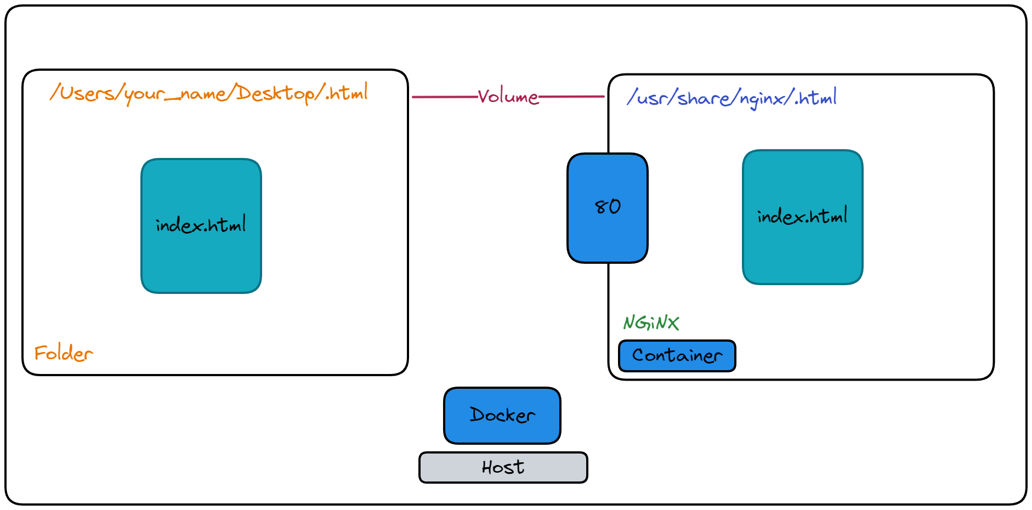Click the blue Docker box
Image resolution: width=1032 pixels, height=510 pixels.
point(502,416)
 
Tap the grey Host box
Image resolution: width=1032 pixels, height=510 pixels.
point(503,467)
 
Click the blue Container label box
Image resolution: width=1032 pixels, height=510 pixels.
point(677,356)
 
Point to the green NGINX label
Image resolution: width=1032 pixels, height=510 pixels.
point(651,322)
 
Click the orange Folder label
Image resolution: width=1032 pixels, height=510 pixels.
point(64,353)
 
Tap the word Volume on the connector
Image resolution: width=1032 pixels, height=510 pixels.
point(508,97)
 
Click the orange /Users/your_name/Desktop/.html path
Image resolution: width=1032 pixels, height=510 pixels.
point(208,93)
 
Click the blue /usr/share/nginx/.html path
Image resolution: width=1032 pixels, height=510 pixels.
point(732,98)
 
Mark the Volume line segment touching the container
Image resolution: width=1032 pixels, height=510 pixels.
point(573,97)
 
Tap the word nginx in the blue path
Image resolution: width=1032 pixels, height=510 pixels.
point(762,99)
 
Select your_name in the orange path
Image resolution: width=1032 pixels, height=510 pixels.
point(175,94)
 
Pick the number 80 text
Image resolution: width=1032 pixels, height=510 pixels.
point(608,207)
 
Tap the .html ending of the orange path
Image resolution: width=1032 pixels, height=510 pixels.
point(348,93)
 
